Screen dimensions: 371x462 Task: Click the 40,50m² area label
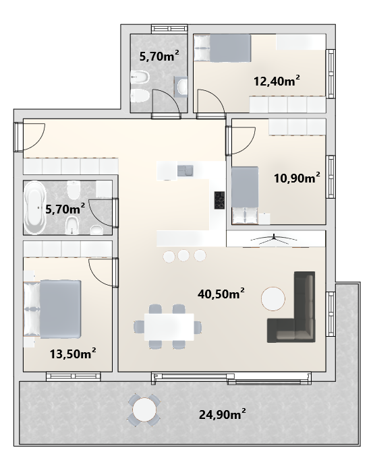tap(221, 294)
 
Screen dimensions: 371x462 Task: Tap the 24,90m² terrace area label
tap(222, 414)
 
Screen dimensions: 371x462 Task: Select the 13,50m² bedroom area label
tap(73, 354)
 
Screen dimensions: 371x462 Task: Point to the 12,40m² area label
tap(277, 80)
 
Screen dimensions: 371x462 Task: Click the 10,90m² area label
tap(297, 178)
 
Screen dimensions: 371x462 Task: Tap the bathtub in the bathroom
tap(35, 207)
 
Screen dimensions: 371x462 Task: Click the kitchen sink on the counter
tap(185, 170)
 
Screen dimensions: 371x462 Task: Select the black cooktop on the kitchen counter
tap(219, 201)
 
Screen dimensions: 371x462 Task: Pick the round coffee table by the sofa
tap(273, 299)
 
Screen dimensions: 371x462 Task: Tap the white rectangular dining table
tap(169, 327)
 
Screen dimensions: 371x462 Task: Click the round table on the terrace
tap(144, 409)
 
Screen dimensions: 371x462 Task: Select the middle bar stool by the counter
tap(183, 255)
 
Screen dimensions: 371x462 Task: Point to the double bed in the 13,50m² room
tap(52, 309)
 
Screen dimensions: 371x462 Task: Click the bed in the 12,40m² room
tap(222, 48)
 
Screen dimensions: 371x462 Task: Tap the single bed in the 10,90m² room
tap(245, 195)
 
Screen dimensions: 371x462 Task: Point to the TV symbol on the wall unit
tap(274, 238)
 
